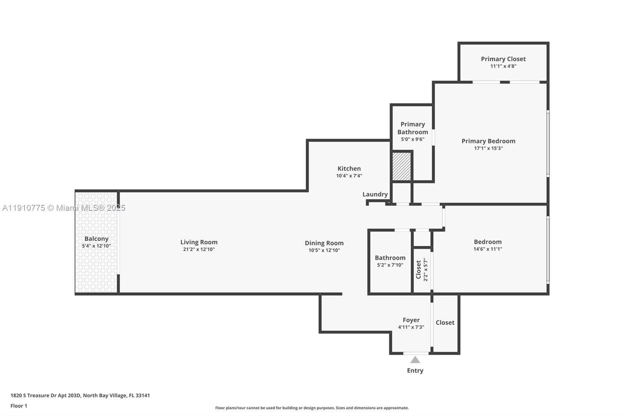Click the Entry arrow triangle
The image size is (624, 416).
(x=415, y=360)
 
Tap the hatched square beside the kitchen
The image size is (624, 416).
(x=401, y=166)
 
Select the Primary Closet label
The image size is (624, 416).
(x=503, y=59)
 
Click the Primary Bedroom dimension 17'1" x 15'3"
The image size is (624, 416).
(x=488, y=148)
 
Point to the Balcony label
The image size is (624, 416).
(x=96, y=239)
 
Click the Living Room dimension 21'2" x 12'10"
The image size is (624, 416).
(x=199, y=249)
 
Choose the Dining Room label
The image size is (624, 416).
(x=324, y=243)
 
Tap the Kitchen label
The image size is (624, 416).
(x=349, y=169)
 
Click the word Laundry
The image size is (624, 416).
(x=375, y=194)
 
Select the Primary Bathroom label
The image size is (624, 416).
(x=413, y=128)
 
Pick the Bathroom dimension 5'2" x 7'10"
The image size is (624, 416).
(x=390, y=265)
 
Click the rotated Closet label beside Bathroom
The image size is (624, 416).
(x=418, y=270)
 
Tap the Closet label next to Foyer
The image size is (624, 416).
(x=445, y=323)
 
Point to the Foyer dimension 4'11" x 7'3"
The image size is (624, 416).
(x=411, y=327)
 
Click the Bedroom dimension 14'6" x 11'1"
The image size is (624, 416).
(x=487, y=249)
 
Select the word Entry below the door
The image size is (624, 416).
(x=415, y=371)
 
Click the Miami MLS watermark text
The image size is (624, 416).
(x=64, y=208)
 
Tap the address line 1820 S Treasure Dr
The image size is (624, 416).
(x=80, y=395)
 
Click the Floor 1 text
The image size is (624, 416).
(x=19, y=406)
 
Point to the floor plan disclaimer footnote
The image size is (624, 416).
(x=312, y=408)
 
